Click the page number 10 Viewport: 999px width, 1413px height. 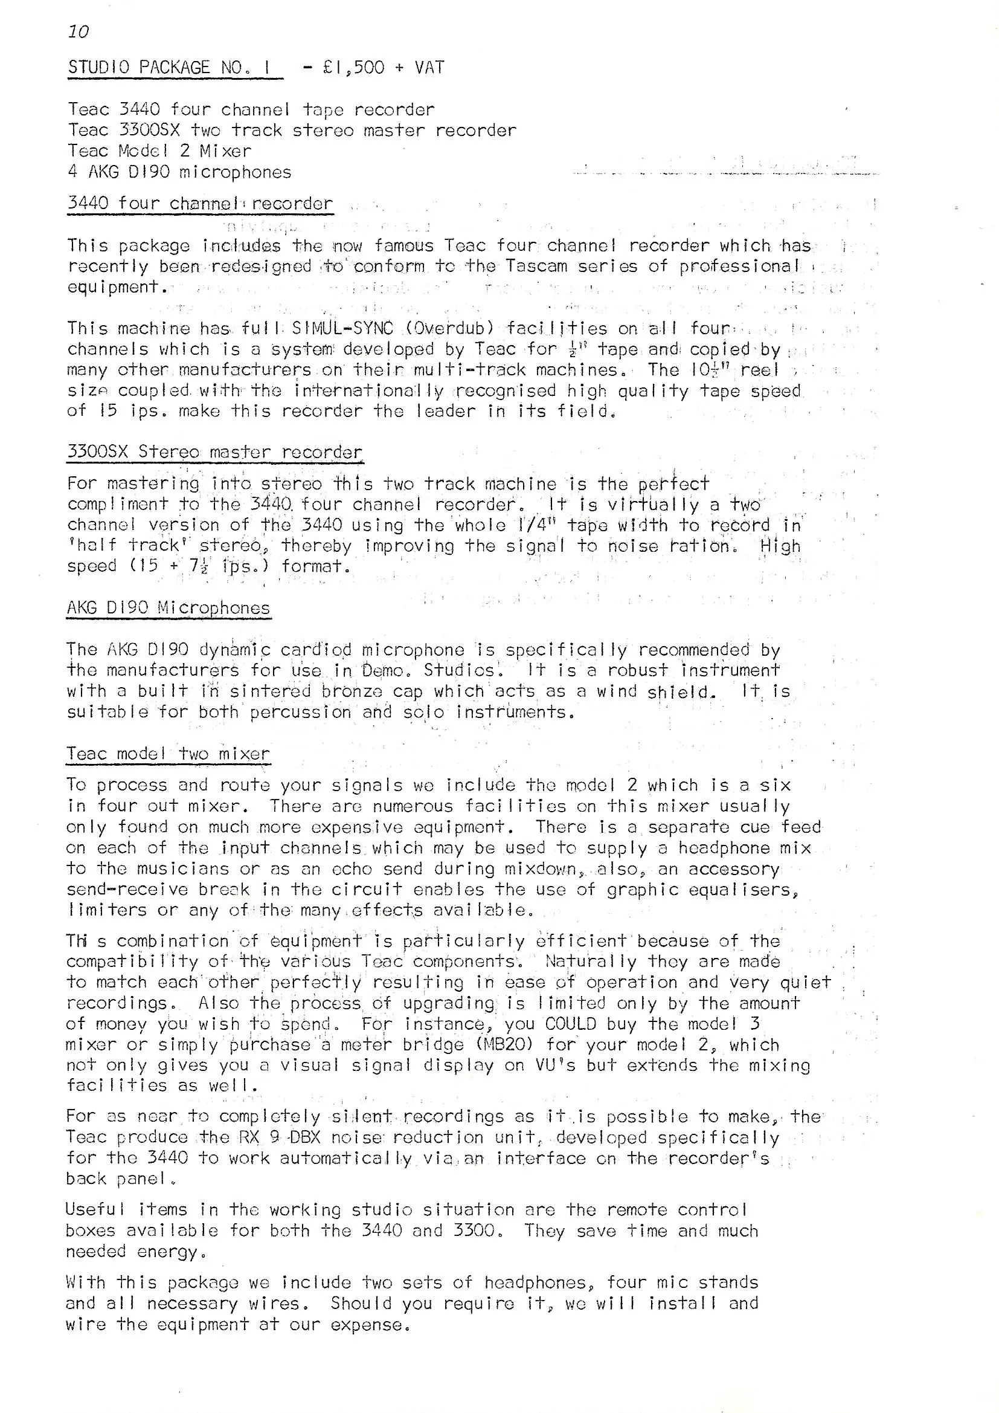click(x=79, y=31)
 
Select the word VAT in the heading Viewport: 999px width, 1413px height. click(x=429, y=67)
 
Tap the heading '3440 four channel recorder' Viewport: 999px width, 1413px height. click(x=200, y=203)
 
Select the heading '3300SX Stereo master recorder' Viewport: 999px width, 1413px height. click(x=214, y=451)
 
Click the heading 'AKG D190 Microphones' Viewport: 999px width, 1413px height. click(x=169, y=608)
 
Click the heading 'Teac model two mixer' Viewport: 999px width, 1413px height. click(x=168, y=754)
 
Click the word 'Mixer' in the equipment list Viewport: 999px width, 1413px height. click(x=226, y=150)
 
